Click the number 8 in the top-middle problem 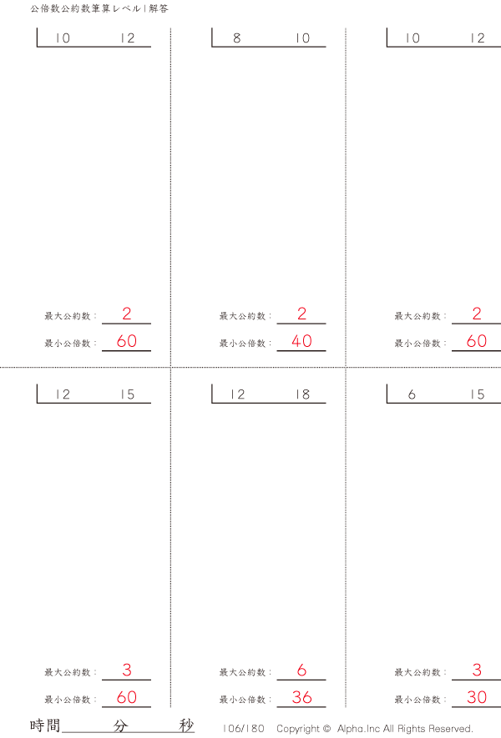236,38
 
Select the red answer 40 301,341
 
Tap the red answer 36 301,697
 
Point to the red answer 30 477,697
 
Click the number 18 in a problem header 303,394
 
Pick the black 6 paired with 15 412,394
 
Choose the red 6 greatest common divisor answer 301,670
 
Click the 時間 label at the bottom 45,725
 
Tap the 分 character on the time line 120,725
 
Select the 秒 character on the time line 187,725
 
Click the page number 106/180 244,729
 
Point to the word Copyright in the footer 299,729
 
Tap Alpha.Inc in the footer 358,729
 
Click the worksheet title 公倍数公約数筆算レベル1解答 99,8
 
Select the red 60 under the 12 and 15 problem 127,697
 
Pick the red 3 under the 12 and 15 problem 127,670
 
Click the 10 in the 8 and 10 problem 303,38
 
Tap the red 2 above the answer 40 301,314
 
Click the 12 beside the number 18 238,394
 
